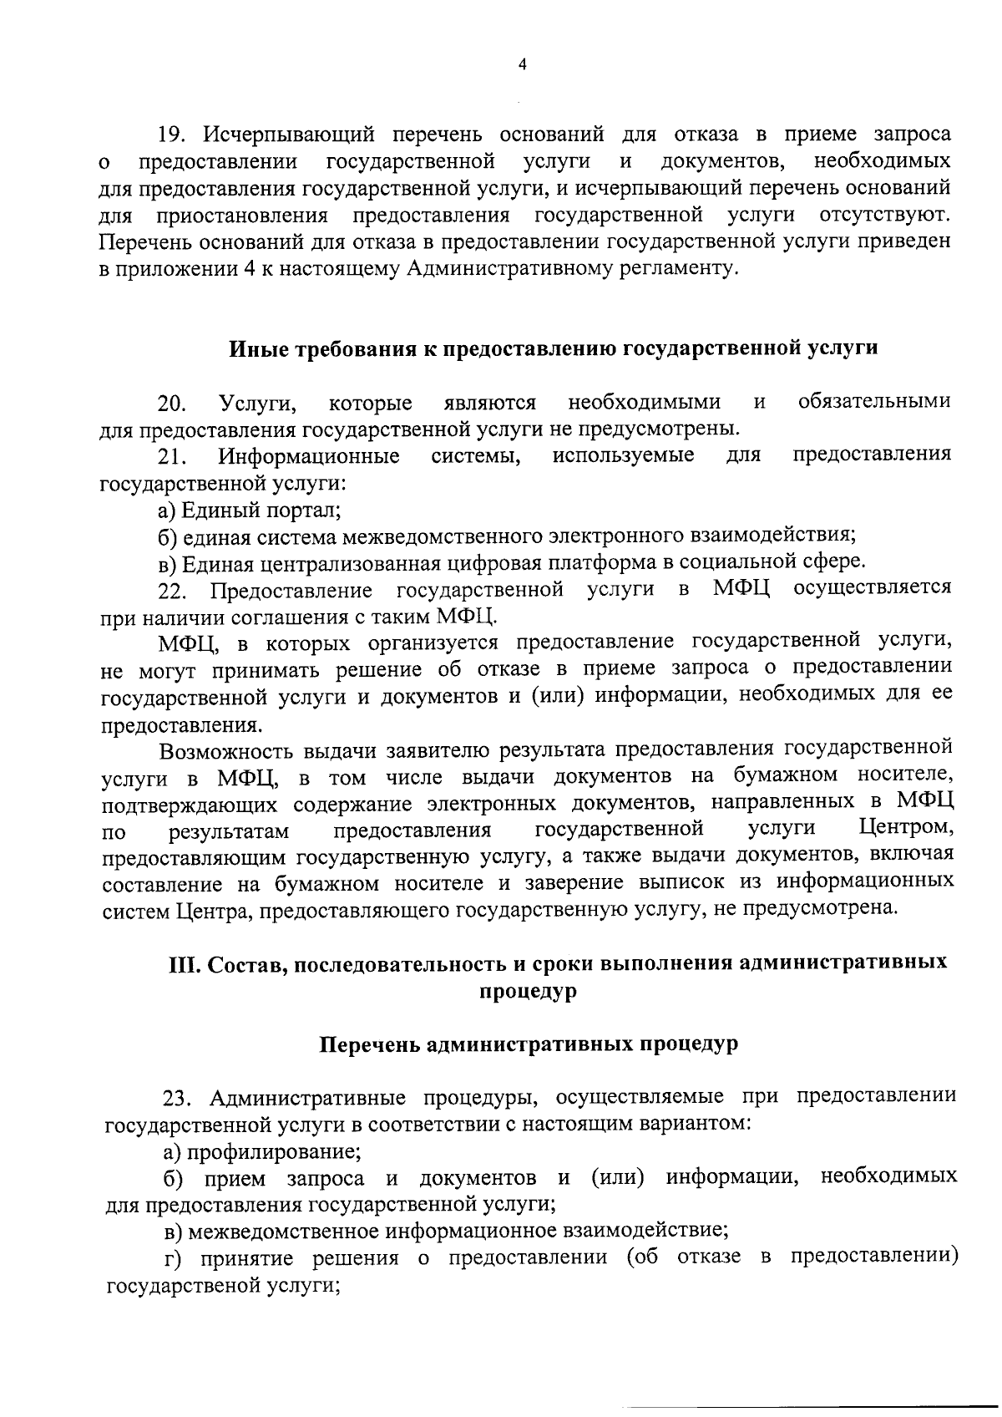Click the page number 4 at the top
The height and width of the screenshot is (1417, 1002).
click(522, 66)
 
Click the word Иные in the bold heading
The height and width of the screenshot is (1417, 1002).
click(252, 348)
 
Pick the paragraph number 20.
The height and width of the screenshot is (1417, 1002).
click(172, 404)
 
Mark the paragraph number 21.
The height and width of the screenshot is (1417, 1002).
click(172, 457)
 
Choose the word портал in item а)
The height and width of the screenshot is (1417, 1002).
click(308, 510)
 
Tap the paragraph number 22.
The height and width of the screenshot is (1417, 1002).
click(172, 591)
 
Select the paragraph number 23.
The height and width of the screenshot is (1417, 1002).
click(178, 1097)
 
